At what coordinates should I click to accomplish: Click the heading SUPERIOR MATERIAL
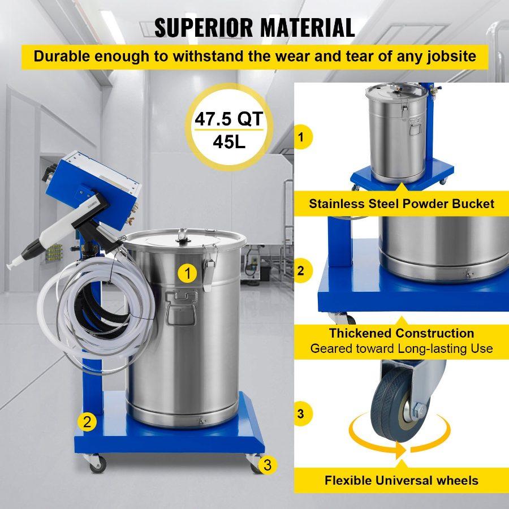click(x=255, y=27)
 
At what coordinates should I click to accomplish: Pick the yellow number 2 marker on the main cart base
click(x=87, y=421)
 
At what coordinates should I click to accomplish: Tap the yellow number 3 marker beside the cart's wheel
click(x=268, y=465)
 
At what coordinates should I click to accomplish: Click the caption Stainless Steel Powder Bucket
click(x=402, y=204)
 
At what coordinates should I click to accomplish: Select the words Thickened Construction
click(x=402, y=333)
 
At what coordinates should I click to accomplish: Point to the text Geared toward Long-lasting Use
click(x=402, y=348)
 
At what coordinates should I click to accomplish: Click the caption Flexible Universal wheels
click(x=402, y=481)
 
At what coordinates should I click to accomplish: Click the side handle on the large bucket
click(x=180, y=308)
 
